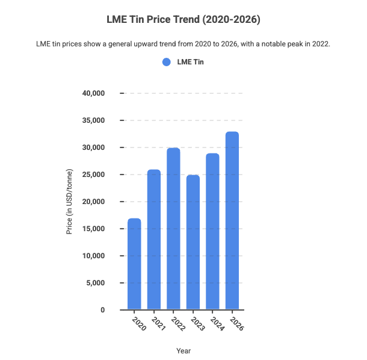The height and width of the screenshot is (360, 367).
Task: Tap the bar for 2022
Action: click(x=173, y=229)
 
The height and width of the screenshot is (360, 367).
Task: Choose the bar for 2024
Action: click(x=212, y=231)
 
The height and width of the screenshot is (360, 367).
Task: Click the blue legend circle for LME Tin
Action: click(x=167, y=61)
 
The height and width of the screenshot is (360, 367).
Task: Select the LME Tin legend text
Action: click(x=190, y=61)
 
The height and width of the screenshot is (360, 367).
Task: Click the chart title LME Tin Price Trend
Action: click(x=183, y=20)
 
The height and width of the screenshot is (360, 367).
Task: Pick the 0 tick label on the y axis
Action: click(x=103, y=310)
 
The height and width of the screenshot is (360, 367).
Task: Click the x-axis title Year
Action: click(x=183, y=350)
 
